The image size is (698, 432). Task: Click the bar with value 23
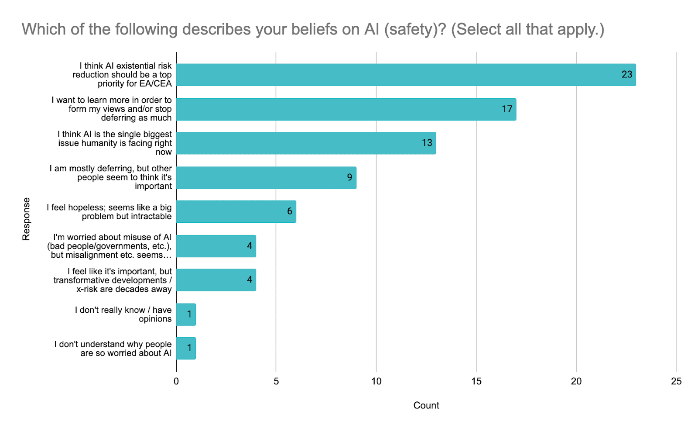406,75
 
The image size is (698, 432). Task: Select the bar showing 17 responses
346,109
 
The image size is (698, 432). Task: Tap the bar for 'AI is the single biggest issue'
306,143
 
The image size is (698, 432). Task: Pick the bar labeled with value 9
266,177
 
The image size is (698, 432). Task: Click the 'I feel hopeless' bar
236,211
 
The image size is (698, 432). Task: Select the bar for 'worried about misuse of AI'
216,246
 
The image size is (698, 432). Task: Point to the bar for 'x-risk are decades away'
216,280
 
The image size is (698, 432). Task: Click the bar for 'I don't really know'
186,314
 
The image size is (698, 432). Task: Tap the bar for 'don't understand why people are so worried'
186,348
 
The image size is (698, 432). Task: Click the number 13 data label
427,143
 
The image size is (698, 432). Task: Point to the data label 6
290,211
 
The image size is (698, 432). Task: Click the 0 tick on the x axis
176,381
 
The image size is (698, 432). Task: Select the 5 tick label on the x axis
276,381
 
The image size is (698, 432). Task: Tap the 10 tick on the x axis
376,381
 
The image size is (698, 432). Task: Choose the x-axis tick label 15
476,381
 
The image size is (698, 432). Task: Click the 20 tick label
576,381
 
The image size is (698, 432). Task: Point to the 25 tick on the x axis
676,381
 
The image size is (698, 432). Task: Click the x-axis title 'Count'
426,405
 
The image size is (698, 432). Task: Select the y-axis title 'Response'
27,219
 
